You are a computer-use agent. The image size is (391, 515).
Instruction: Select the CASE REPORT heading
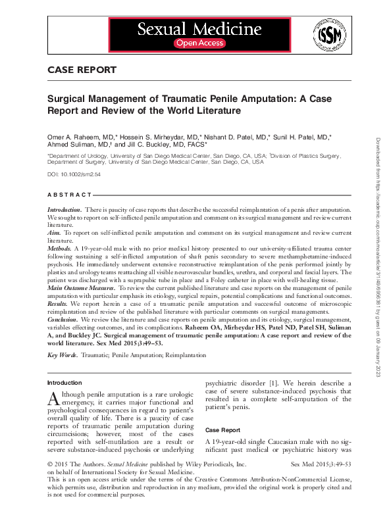[x=82, y=70]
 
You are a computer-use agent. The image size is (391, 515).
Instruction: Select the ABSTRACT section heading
[x=70, y=195]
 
